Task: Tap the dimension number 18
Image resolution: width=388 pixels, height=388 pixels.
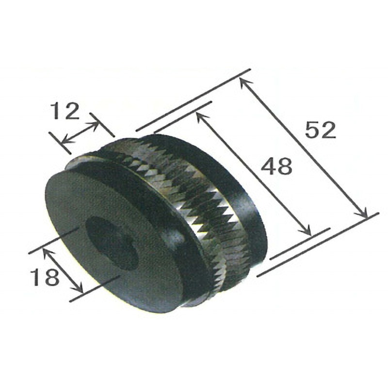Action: pos(44,277)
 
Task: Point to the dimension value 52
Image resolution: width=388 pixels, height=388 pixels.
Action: pos(321,130)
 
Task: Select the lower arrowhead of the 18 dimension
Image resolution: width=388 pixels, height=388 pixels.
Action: pos(80,290)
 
